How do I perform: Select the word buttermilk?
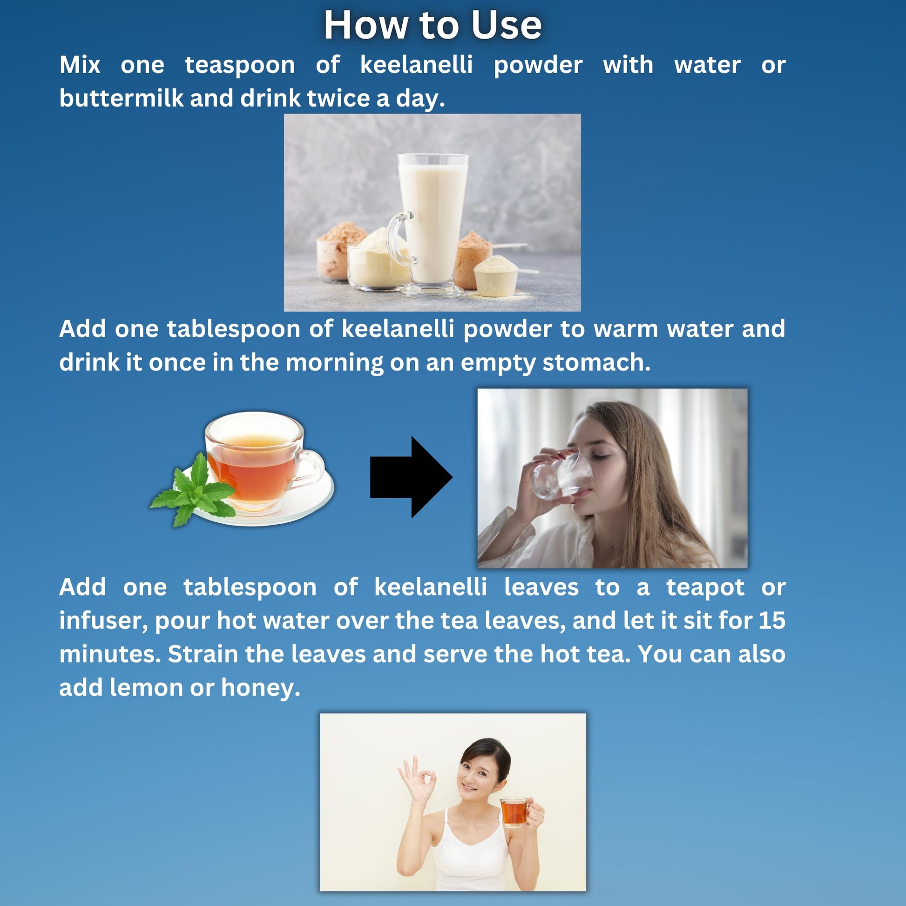pyautogui.click(x=121, y=98)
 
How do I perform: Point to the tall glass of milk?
pyautogui.click(x=432, y=225)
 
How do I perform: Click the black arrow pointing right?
pyautogui.click(x=411, y=477)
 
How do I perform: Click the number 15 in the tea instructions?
pyautogui.click(x=772, y=620)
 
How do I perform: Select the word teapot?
pyautogui.click(x=705, y=588)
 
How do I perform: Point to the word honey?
pyautogui.click(x=260, y=689)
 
